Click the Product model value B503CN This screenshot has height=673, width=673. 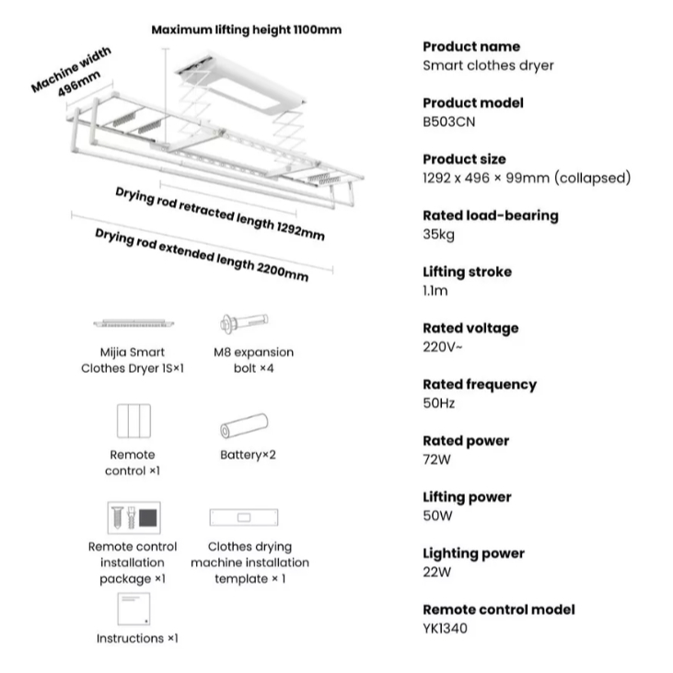click(448, 122)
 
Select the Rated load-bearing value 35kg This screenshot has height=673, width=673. click(438, 234)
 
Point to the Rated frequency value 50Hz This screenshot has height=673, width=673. click(439, 403)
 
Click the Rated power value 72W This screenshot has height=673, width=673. click(437, 459)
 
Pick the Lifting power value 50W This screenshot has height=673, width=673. click(438, 516)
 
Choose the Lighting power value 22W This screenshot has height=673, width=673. click(437, 572)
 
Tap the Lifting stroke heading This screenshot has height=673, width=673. click(467, 272)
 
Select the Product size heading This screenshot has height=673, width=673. click(464, 159)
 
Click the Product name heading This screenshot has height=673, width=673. click(471, 46)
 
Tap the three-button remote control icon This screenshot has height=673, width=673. click(133, 422)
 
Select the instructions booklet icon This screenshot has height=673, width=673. click(134, 608)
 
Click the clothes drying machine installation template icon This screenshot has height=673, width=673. click(244, 517)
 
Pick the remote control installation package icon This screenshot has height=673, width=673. click(133, 516)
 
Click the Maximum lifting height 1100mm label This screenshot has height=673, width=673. click(246, 29)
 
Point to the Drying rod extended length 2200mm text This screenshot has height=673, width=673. click(202, 253)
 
